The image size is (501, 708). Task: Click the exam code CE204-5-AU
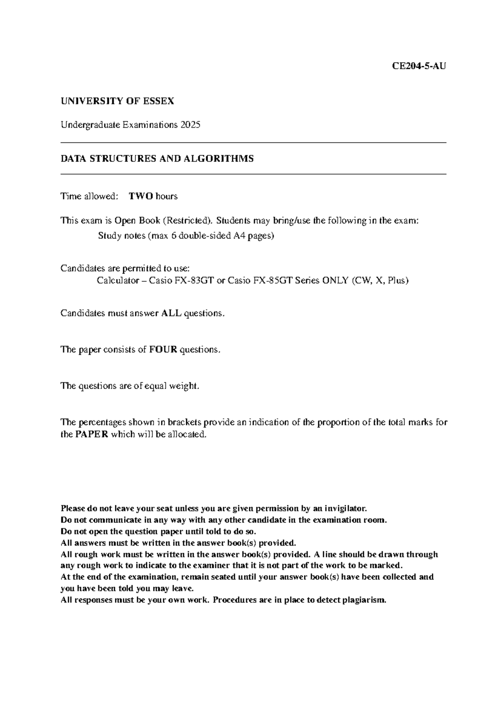[x=419, y=66]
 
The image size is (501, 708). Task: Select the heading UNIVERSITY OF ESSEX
[x=117, y=101]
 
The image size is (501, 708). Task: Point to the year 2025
[x=190, y=125]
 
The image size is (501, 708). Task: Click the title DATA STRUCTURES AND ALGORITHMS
[x=157, y=159]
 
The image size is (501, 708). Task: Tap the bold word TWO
[x=141, y=196]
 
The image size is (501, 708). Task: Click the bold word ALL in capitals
[x=171, y=313]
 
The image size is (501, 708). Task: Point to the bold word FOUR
[x=163, y=349]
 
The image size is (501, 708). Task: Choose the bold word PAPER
[x=92, y=434]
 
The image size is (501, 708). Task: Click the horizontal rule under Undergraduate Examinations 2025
[x=253, y=143]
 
